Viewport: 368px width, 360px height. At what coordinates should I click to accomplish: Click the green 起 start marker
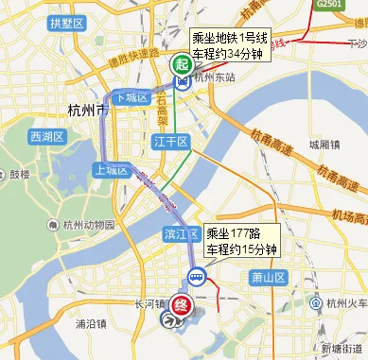point(180,65)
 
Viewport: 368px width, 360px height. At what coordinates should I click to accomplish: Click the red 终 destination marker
point(185,305)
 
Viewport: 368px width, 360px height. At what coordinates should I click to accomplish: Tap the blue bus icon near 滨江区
point(196,277)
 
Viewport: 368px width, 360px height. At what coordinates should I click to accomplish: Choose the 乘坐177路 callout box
point(240,242)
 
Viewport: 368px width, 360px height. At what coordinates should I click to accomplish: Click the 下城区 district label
point(130,98)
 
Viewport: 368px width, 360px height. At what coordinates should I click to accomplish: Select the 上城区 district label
point(111,170)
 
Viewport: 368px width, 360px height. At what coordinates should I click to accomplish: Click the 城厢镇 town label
point(324,146)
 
